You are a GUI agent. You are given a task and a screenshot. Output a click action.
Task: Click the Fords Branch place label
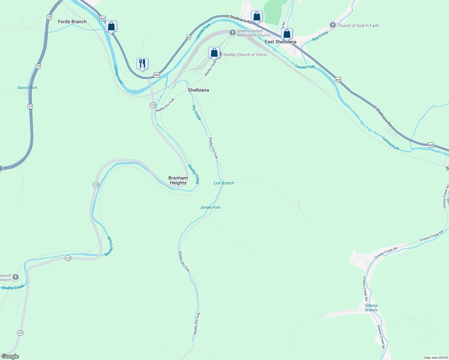click(x=72, y=22)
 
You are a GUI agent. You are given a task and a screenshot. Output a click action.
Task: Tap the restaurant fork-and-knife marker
click(x=142, y=64)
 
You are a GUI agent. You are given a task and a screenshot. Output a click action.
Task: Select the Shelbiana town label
click(x=198, y=90)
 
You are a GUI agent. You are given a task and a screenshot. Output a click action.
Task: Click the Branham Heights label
click(x=178, y=180)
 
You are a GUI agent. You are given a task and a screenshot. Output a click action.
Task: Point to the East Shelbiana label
click(x=280, y=42)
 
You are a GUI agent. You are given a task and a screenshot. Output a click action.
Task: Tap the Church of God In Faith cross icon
click(x=333, y=25)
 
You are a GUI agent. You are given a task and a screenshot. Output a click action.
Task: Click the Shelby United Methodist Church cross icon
click(x=232, y=33)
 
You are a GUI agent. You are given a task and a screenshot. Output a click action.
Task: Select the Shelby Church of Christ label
click(x=245, y=55)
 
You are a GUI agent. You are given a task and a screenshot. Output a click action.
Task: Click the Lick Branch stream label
click(x=224, y=183)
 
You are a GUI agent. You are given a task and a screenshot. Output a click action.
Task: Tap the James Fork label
click(x=210, y=207)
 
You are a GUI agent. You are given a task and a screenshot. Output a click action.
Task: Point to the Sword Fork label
click(x=28, y=88)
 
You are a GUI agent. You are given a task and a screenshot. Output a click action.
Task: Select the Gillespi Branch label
click(x=371, y=308)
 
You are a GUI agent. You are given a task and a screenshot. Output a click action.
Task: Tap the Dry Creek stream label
click(x=197, y=112)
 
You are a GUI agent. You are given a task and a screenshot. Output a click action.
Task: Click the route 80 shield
click(x=188, y=37)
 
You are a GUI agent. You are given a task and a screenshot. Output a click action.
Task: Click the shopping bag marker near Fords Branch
click(x=111, y=26)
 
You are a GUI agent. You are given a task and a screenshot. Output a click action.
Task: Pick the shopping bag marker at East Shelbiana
click(x=287, y=34)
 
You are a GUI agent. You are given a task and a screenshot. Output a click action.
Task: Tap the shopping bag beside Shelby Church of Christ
click(x=214, y=52)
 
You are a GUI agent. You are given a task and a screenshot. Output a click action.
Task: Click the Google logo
click(x=10, y=356)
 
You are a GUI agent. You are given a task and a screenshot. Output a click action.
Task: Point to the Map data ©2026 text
click(x=435, y=358)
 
